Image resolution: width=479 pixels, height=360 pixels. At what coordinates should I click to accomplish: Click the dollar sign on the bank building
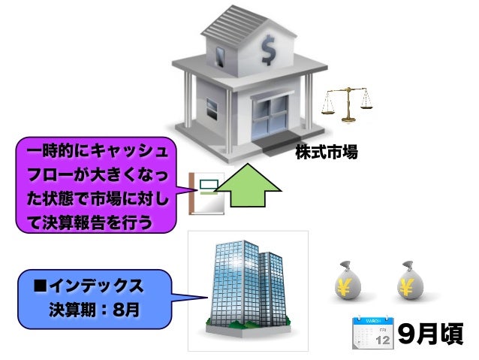click(268, 50)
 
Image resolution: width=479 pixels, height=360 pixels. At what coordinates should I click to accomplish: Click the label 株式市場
click(326, 153)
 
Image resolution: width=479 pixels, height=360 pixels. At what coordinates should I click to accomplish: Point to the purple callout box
click(98, 185)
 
